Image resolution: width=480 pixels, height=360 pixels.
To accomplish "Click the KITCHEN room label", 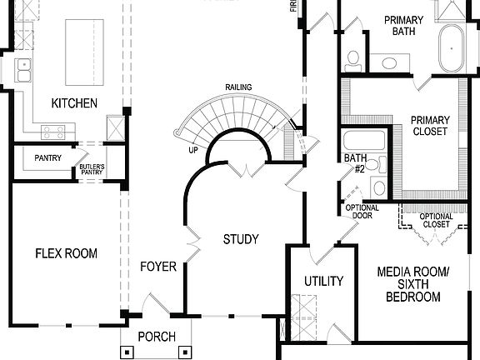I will [74, 103].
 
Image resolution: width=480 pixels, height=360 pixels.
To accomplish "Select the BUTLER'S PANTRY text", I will [92, 170].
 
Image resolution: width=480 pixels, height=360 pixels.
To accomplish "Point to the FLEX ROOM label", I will [66, 253].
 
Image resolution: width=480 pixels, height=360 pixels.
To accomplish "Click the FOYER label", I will [157, 267].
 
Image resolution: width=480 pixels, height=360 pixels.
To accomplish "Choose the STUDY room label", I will [241, 240].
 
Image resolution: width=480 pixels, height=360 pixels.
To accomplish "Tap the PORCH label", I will [157, 337].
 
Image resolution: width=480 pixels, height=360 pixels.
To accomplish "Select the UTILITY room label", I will [322, 281].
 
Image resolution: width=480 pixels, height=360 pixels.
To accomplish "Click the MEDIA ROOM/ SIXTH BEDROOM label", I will [413, 284].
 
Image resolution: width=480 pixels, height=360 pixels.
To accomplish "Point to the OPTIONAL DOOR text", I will [362, 212].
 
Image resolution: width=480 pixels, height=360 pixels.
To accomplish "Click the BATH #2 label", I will [355, 163].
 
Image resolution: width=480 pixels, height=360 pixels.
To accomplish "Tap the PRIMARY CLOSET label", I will [429, 125].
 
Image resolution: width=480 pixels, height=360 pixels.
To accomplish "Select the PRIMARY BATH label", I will [404, 27].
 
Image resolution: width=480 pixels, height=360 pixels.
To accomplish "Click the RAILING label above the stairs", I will [238, 87].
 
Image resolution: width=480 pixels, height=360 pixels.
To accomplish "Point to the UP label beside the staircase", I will [192, 151].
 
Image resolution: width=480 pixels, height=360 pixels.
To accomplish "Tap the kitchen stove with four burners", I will [54, 131].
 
